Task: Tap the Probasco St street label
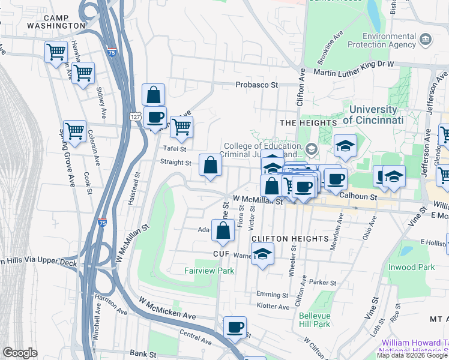pos(256,85)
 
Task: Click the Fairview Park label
pos(209,271)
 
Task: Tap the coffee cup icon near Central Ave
pos(235,328)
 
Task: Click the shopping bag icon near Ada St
pos(223,231)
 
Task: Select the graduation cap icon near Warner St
pos(262,254)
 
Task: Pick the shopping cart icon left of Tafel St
pos(181,127)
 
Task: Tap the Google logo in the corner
pos(20,353)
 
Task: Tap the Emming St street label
pos(273,295)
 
